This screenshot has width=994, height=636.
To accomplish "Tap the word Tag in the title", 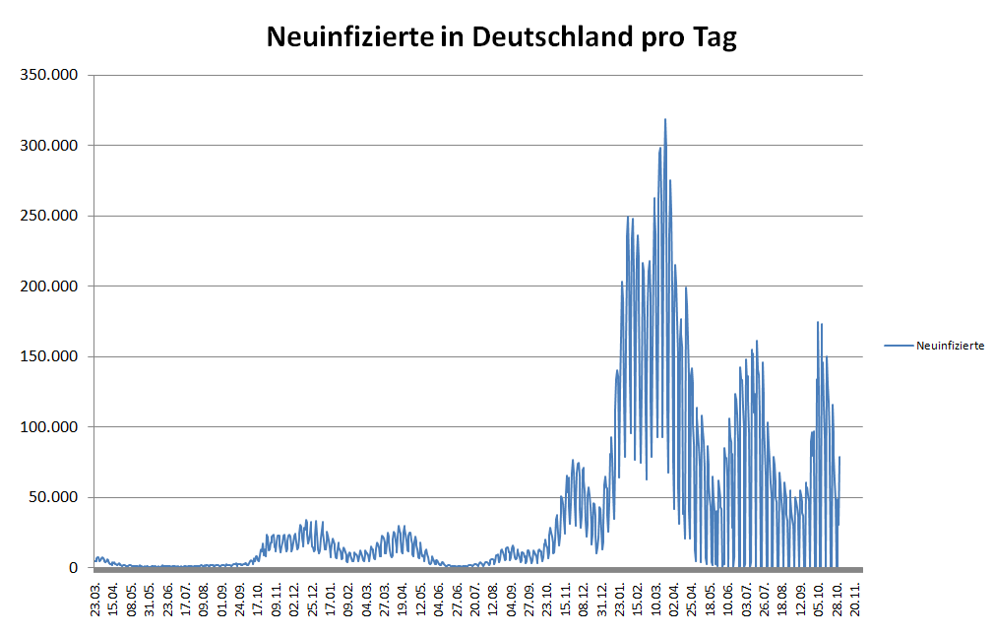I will click(x=714, y=38).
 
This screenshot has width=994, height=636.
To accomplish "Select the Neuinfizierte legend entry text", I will click(x=950, y=346).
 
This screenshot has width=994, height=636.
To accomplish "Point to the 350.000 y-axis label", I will click(x=48, y=75).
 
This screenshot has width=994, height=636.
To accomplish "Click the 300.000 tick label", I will click(x=48, y=146).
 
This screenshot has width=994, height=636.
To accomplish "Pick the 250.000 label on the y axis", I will click(x=48, y=216).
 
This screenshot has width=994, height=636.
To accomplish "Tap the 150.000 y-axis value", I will click(x=48, y=356).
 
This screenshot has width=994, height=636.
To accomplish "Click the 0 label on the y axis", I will click(x=72, y=568).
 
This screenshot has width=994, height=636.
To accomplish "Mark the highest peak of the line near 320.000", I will click(x=665, y=120).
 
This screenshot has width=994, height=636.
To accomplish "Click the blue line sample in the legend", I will click(x=899, y=346).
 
